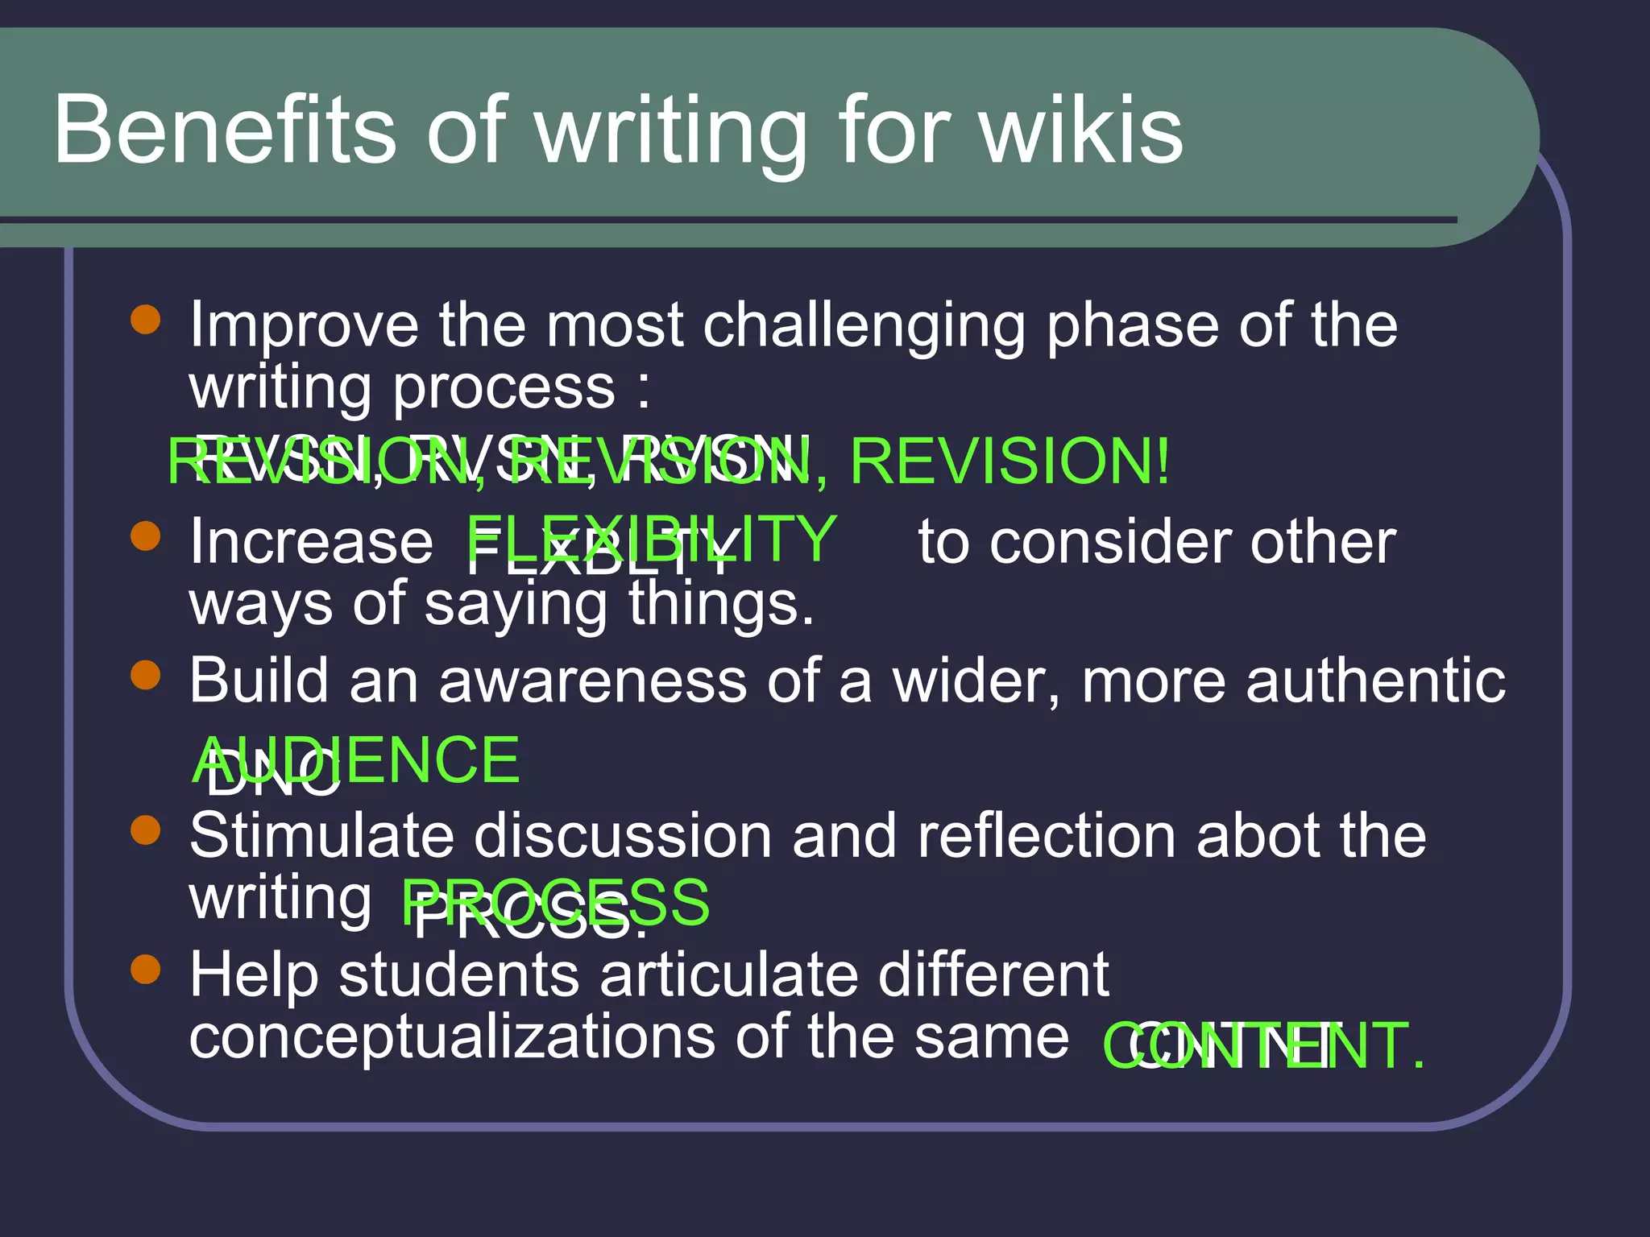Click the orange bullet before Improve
146,319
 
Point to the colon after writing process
642,390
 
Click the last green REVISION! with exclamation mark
1009,461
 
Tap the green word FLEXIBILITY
652,538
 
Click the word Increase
311,543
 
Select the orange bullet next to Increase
146,536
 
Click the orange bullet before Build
146,675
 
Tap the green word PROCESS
556,902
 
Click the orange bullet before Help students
146,969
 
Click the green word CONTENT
1262,1045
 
